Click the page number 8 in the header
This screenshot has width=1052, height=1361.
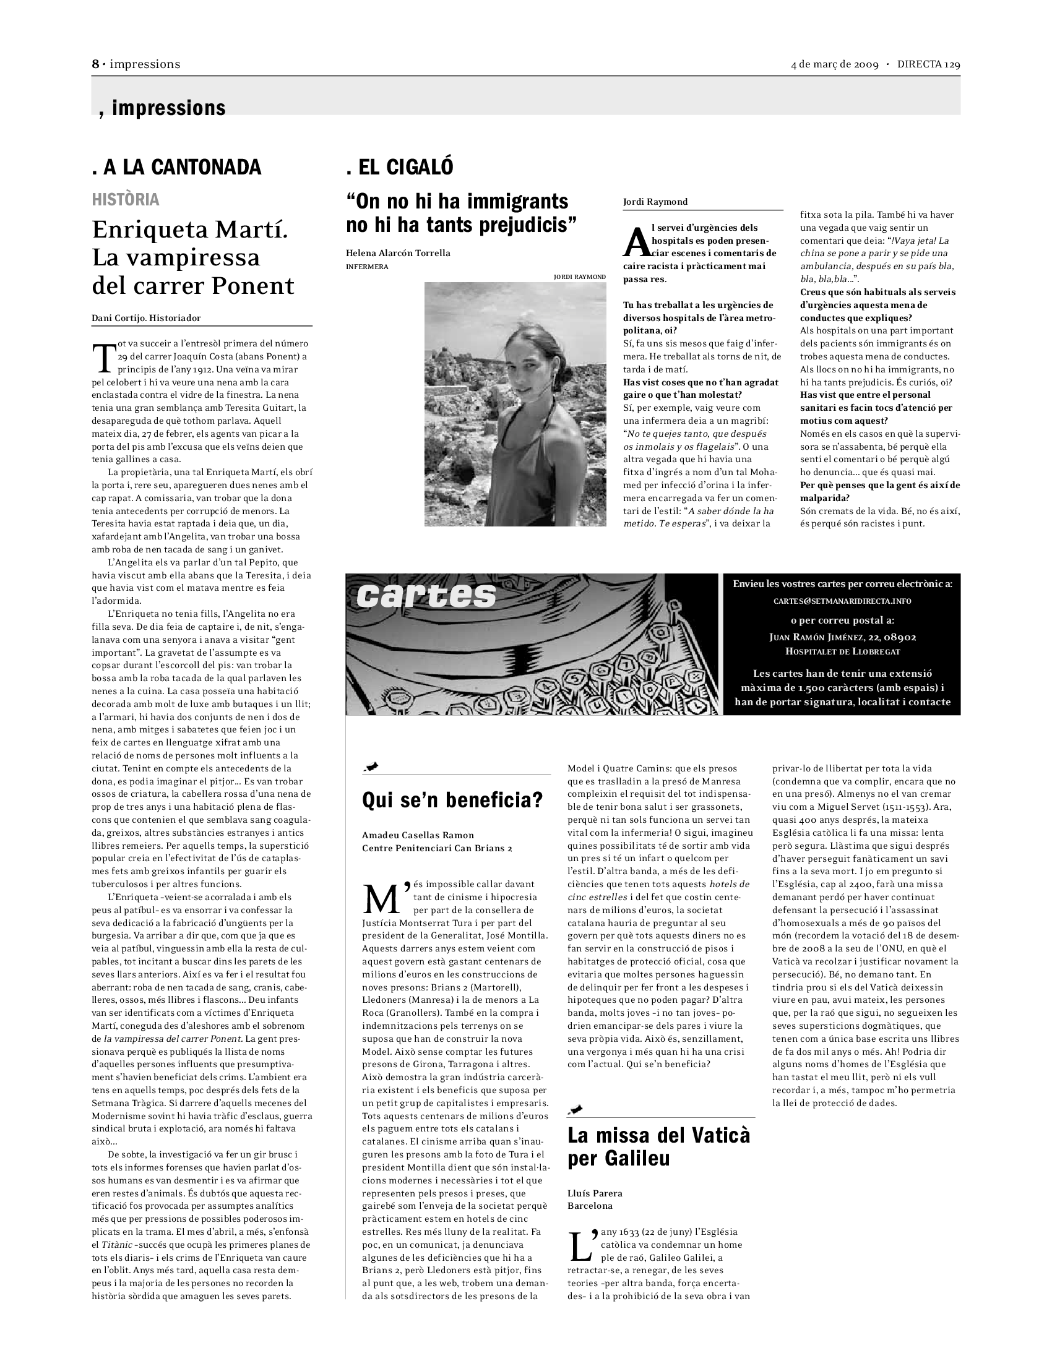pos(95,64)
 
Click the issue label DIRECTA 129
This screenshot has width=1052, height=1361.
pos(929,64)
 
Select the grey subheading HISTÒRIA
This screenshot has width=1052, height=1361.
pos(125,199)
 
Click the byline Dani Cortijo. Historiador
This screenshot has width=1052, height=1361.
pos(147,318)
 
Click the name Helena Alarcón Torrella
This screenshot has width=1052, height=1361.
pos(398,253)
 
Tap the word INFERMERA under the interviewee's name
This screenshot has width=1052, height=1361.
pos(367,267)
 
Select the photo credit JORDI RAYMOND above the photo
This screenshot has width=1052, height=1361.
pos(580,277)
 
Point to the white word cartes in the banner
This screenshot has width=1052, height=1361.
pos(426,596)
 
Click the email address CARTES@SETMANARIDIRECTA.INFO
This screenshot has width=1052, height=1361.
pos(842,601)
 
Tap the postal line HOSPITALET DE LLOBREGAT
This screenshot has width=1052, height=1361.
pos(842,651)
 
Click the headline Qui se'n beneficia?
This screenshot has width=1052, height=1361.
pos(452,799)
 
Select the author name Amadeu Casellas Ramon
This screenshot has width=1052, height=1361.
pos(418,835)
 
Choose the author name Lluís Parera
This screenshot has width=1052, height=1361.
pos(595,1193)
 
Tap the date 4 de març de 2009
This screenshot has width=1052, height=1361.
pos(835,64)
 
